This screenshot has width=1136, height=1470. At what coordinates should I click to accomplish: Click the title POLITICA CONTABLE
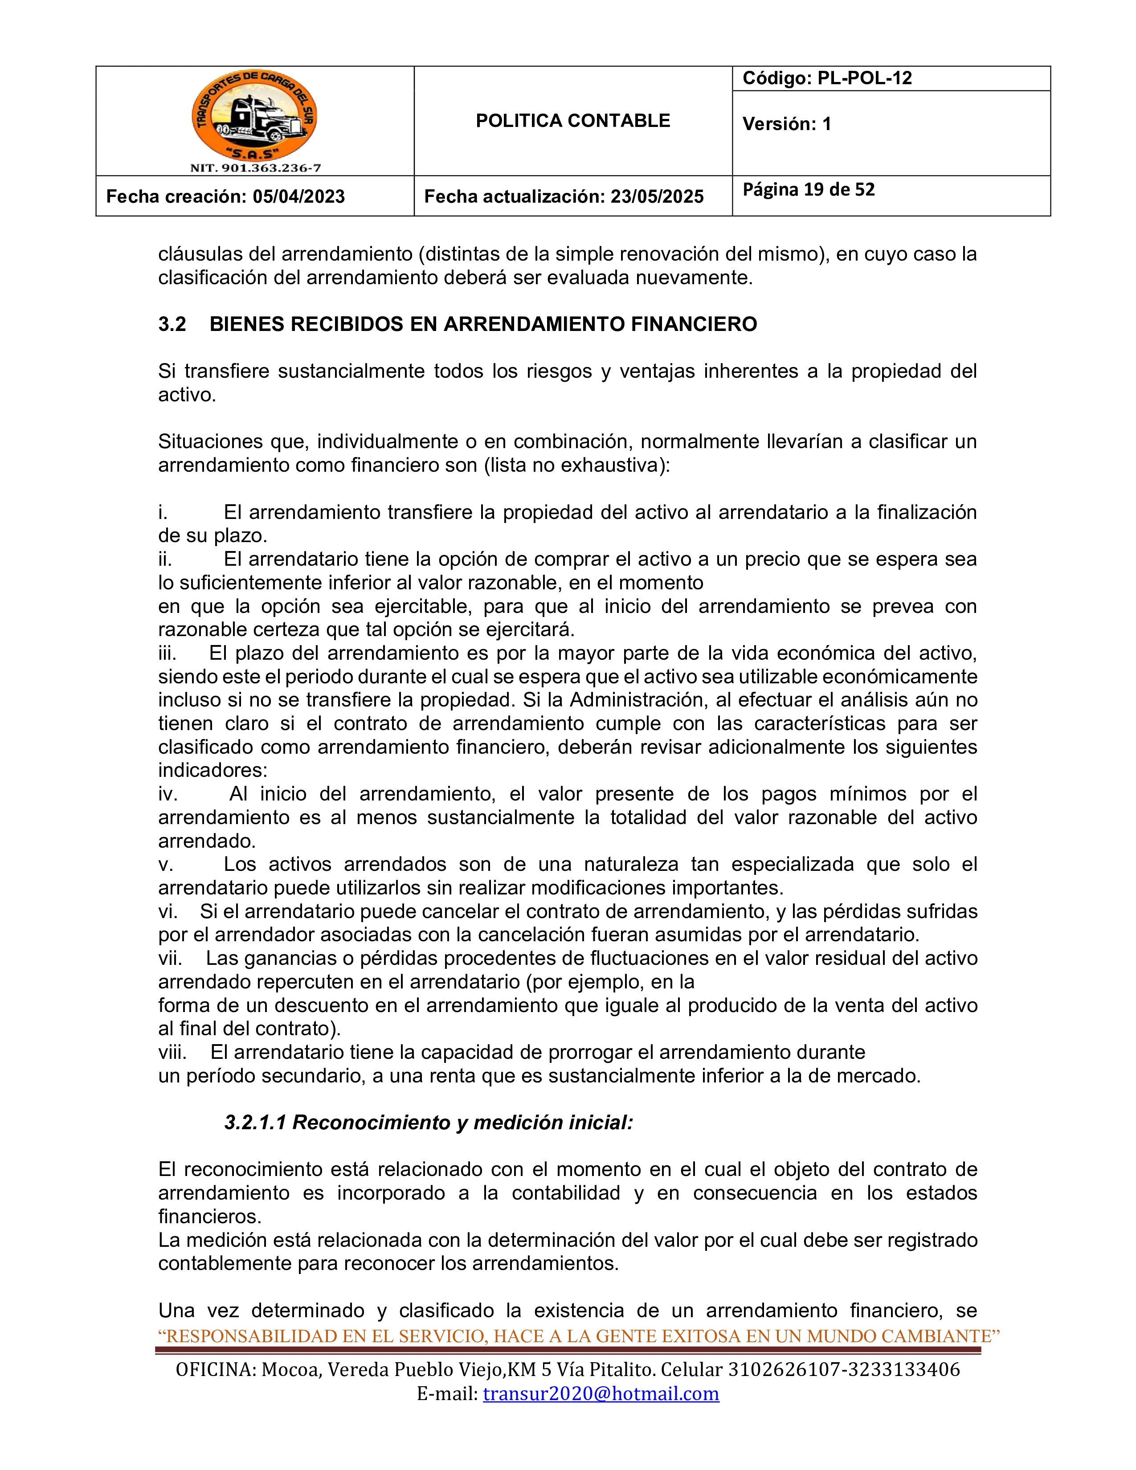[x=573, y=121]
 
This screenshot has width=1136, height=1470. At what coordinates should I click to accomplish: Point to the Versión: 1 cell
[x=787, y=124]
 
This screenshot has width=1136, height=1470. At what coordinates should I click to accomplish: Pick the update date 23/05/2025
[x=656, y=196]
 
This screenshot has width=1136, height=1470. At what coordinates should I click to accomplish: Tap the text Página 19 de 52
[x=808, y=190]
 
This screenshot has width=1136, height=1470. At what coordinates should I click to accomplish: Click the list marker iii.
[x=167, y=653]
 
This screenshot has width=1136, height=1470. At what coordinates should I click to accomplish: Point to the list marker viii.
[x=172, y=1052]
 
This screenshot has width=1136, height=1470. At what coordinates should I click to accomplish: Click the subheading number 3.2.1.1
[x=255, y=1123]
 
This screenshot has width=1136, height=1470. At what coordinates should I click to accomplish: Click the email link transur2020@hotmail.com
[x=601, y=1393]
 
